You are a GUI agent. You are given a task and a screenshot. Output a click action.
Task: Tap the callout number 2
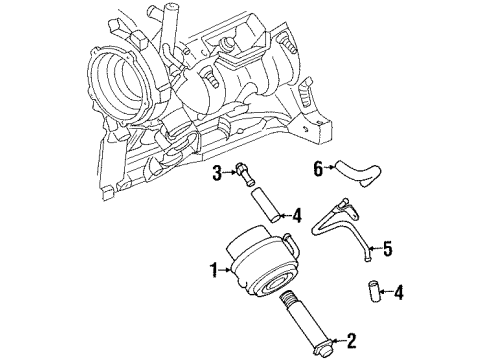click(350, 341)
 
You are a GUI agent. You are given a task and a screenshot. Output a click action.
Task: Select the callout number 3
click(216, 175)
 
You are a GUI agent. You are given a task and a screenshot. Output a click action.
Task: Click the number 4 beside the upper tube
click(296, 213)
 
